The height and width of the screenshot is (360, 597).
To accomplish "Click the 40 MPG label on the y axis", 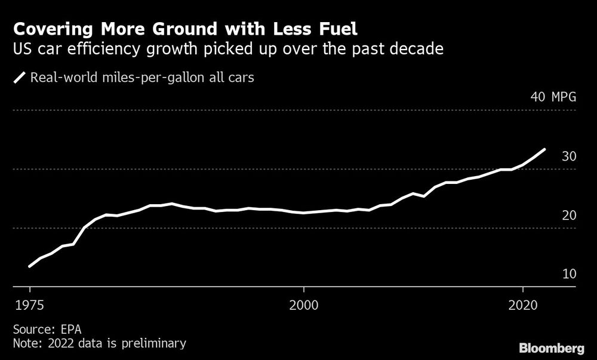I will coord(553,98).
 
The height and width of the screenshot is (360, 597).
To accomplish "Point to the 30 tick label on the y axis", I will coord(568,156).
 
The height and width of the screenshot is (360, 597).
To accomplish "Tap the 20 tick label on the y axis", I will coord(568,215).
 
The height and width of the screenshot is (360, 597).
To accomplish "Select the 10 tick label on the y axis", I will coord(568,274).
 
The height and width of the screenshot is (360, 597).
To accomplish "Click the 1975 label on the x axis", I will coord(29,303).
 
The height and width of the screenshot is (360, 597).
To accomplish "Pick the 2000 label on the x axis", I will coord(304,303).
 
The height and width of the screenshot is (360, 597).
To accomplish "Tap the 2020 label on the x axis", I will coord(523,303).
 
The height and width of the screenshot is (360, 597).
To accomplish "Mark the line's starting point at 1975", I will coord(29,266).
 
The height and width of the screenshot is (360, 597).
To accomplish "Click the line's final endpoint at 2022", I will coord(544,149).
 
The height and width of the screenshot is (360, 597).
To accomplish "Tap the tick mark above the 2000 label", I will coord(304,290).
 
